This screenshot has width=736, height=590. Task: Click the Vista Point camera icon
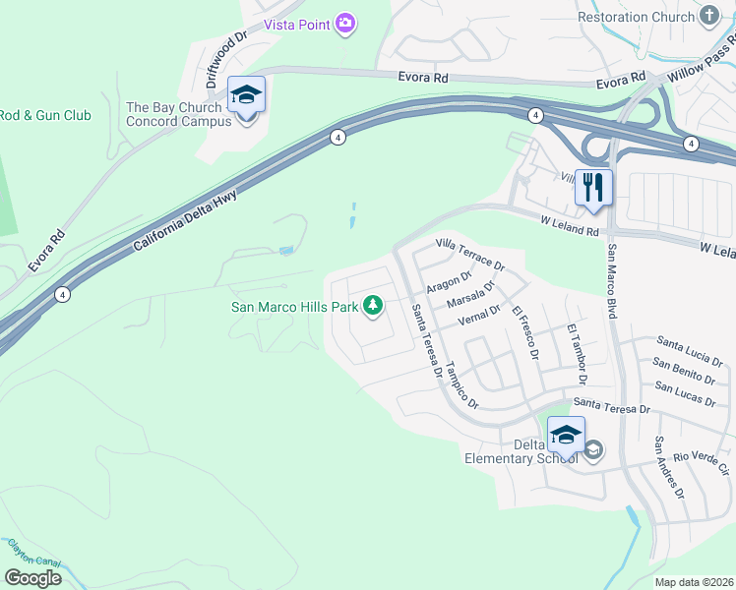click(x=344, y=22)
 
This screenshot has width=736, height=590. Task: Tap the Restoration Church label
click(x=636, y=17)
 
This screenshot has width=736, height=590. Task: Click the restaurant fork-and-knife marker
click(x=592, y=187)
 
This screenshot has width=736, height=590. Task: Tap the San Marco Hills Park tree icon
click(x=373, y=307)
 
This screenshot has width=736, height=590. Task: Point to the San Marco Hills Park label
click(x=294, y=307)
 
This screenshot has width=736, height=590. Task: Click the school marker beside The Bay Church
click(x=246, y=95)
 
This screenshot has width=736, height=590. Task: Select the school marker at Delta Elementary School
click(x=566, y=435)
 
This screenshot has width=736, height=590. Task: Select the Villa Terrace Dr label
click(x=469, y=254)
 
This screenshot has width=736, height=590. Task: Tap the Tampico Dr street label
click(x=460, y=387)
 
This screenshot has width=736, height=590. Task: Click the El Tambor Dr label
click(x=576, y=353)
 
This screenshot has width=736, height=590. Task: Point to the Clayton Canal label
click(x=33, y=555)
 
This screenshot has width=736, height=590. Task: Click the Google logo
click(x=33, y=577)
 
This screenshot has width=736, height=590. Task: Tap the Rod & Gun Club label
click(x=45, y=115)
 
